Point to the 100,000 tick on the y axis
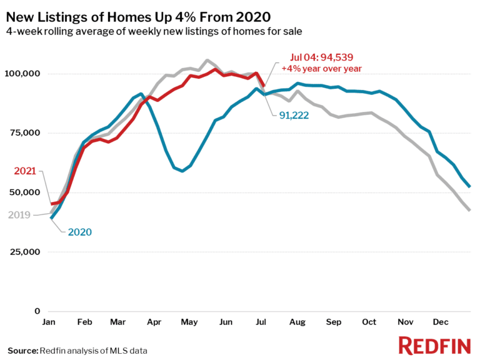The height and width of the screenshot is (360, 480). click(x=22, y=74)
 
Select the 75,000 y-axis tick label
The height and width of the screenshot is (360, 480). click(x=25, y=133)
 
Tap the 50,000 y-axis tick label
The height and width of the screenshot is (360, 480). click(x=25, y=192)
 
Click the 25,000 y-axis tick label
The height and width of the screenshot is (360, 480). click(x=25, y=252)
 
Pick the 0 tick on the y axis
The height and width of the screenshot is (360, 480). click(x=37, y=311)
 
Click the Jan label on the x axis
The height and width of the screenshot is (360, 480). click(x=50, y=322)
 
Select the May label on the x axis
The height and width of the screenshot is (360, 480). click(x=189, y=322)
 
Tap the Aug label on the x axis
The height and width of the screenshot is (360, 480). click(x=298, y=322)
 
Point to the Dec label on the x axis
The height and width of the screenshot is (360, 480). click(x=442, y=322)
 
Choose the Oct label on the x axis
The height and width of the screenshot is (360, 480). click(x=369, y=322)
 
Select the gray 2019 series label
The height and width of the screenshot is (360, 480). click(x=20, y=215)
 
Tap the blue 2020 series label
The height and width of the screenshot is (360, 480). click(x=79, y=232)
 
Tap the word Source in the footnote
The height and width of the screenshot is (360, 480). click(x=22, y=351)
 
